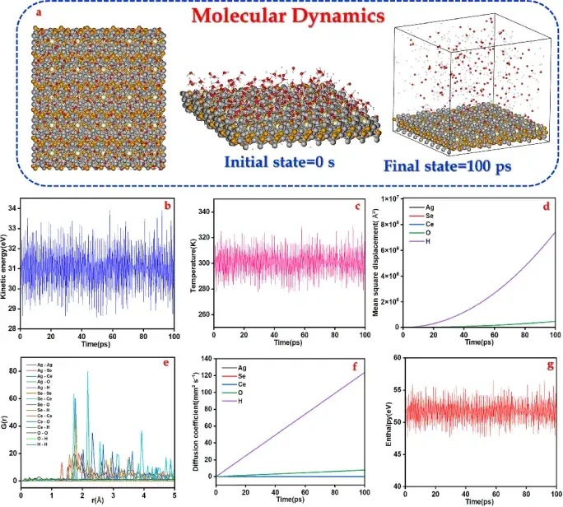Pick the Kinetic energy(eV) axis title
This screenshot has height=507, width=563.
(x=9, y=262)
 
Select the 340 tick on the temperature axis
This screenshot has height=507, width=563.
(x=202, y=212)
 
